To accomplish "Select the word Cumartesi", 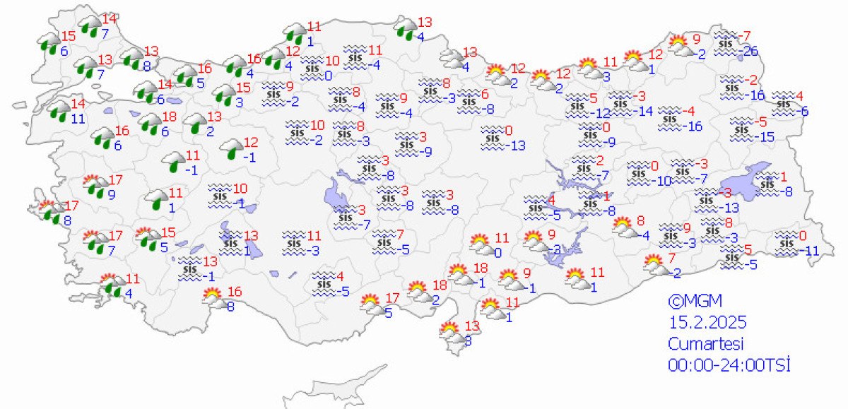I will coord(707,344).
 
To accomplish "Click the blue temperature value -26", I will coord(750,50).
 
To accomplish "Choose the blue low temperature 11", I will coord(80,119).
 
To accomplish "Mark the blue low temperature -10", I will coord(661,180).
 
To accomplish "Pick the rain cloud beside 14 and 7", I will coord(90,28).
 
